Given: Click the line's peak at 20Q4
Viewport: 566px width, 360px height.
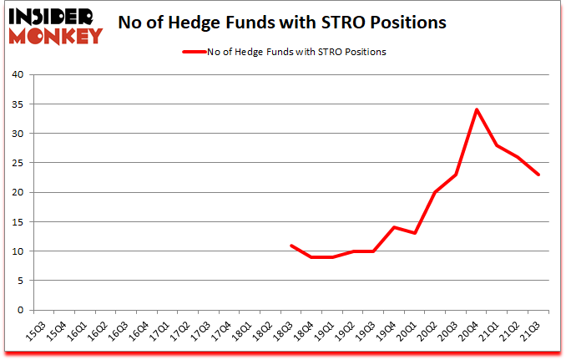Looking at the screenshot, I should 476,109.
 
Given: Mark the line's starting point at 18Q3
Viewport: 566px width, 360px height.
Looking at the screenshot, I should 291,245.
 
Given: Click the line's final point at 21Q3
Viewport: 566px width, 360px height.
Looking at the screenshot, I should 539,175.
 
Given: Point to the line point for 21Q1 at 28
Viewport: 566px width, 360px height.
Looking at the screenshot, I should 497,145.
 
